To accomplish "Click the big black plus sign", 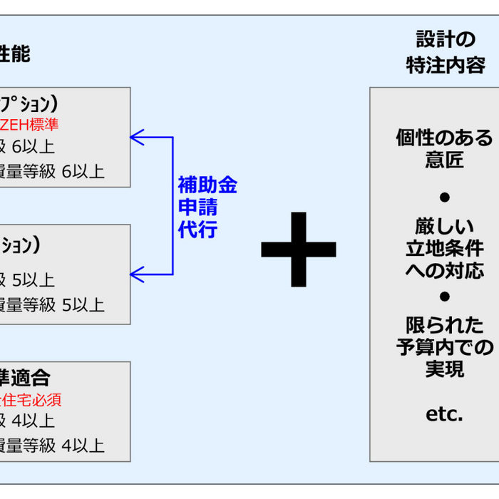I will [298, 249].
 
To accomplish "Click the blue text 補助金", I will [207, 186].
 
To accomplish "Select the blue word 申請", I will [198, 209].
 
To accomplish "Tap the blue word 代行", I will [198, 231].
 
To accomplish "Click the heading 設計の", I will [446, 39].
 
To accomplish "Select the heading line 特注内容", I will [446, 65].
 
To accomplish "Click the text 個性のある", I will [445, 138].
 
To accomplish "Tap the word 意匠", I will [445, 160].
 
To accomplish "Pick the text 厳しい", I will [445, 227].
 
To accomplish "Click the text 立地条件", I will [445, 249].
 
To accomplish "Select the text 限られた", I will [445, 325].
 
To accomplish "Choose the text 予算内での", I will [445, 347].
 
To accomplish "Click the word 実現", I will [445, 369].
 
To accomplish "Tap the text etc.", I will [445, 413].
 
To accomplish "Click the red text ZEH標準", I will [29, 125].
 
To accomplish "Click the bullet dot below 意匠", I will [445, 197].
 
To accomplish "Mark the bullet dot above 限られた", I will [445, 295].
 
